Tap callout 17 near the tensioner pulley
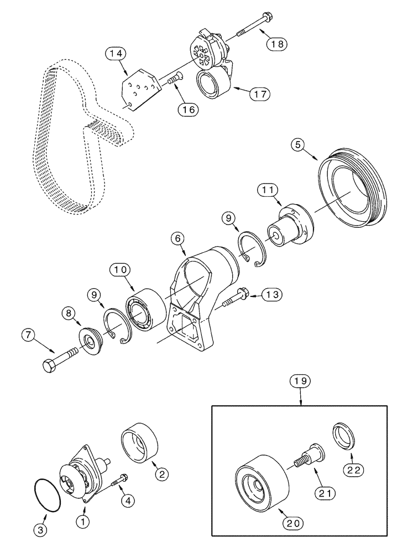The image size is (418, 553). [259, 93]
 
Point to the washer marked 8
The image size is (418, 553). [89, 338]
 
